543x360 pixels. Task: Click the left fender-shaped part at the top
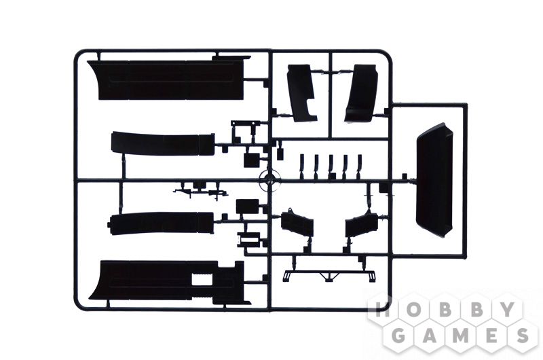(301, 93)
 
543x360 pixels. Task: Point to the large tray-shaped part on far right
(434, 181)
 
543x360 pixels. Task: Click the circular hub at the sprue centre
(269, 180)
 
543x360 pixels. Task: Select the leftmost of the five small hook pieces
(302, 166)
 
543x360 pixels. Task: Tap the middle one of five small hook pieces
(331, 166)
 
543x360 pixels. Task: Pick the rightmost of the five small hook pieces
(359, 166)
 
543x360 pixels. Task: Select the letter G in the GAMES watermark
(400, 335)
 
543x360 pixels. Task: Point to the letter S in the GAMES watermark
(521, 335)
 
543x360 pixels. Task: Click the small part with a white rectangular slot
(248, 239)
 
